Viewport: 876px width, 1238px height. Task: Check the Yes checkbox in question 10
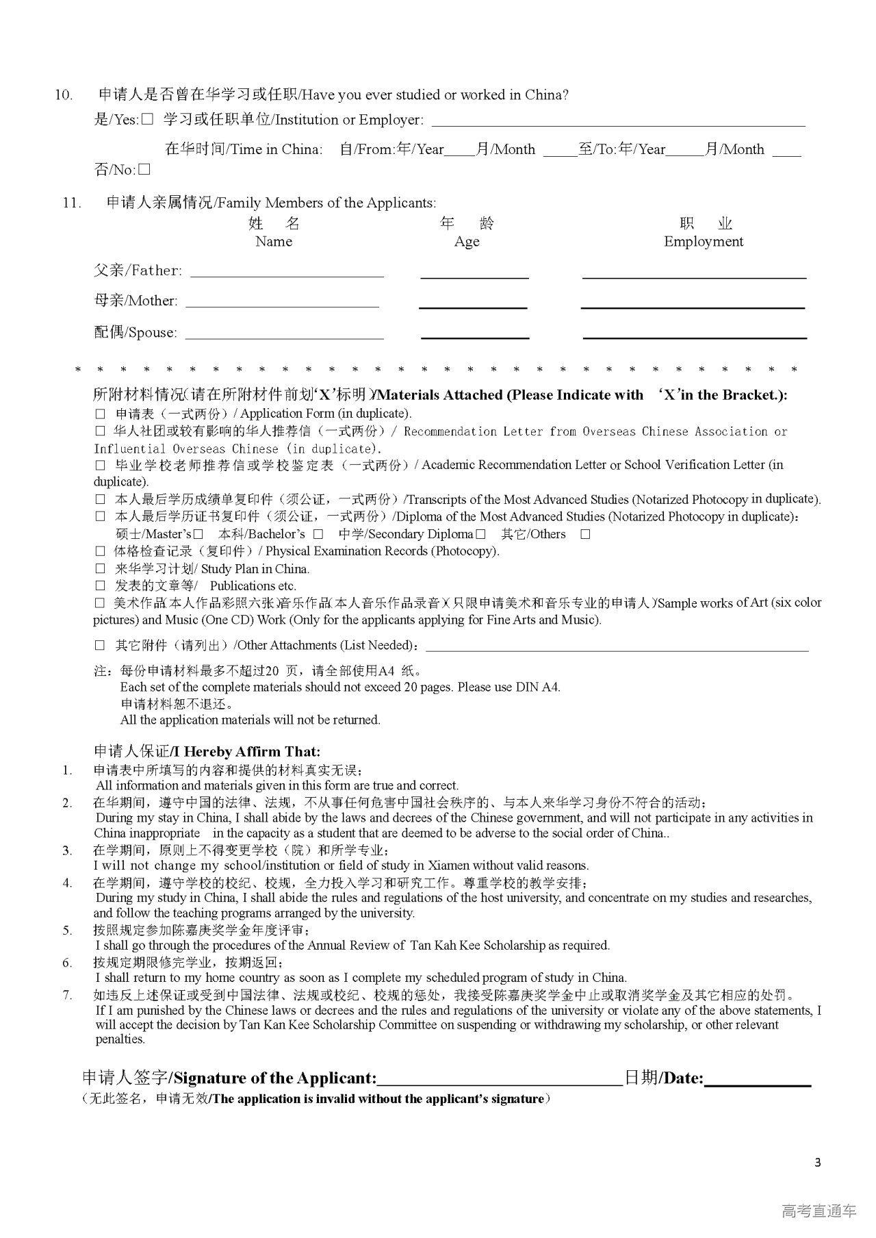point(147,120)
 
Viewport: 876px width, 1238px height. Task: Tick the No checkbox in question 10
point(144,169)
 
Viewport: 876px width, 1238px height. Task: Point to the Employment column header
point(703,241)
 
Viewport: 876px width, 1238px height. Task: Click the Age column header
point(467,241)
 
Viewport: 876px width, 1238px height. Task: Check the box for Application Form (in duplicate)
point(101,414)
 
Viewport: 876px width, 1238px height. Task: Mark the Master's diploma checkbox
point(198,534)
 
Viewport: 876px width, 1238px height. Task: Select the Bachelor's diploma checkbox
point(318,534)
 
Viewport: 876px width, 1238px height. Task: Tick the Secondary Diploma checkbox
point(481,534)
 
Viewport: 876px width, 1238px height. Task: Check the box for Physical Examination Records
point(101,551)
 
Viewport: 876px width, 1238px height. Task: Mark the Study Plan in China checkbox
point(101,569)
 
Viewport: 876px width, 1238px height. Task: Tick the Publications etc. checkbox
point(101,586)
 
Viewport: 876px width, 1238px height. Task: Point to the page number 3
point(818,1162)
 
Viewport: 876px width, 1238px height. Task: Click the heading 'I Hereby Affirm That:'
point(207,751)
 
